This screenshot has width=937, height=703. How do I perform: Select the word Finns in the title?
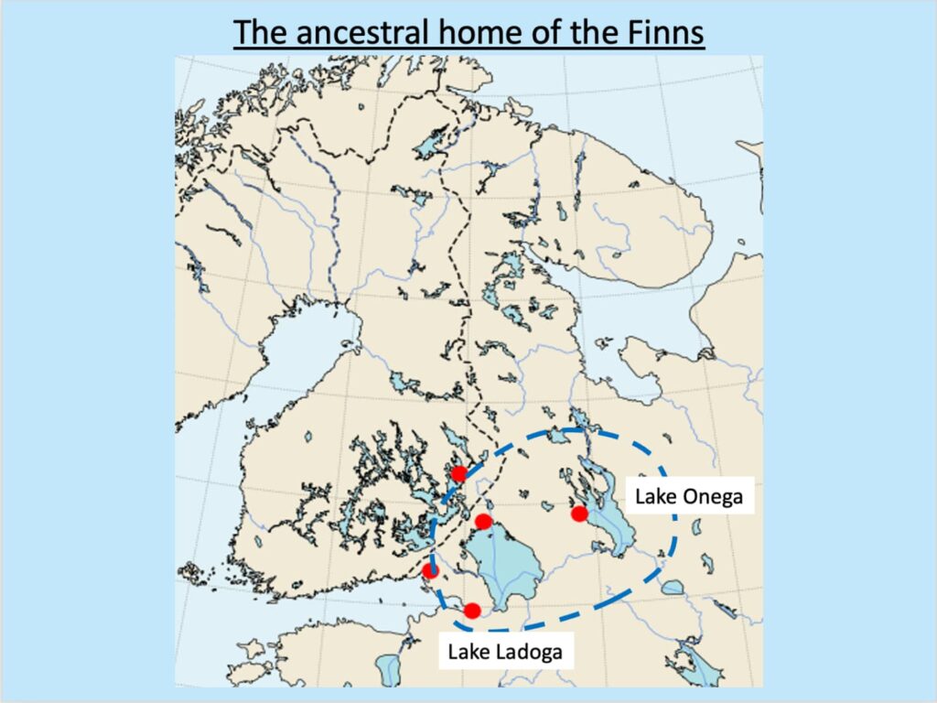(x=660, y=32)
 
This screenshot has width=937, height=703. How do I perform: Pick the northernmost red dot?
(x=458, y=473)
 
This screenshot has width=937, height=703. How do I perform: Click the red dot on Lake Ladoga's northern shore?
(x=484, y=522)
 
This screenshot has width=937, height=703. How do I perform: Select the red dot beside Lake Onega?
(x=578, y=514)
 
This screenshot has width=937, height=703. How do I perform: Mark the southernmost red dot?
(x=472, y=611)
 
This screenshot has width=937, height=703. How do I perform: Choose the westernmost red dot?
(x=430, y=571)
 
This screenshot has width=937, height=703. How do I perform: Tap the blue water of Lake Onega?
(x=609, y=522)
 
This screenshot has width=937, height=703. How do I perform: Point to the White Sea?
(x=631, y=311)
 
